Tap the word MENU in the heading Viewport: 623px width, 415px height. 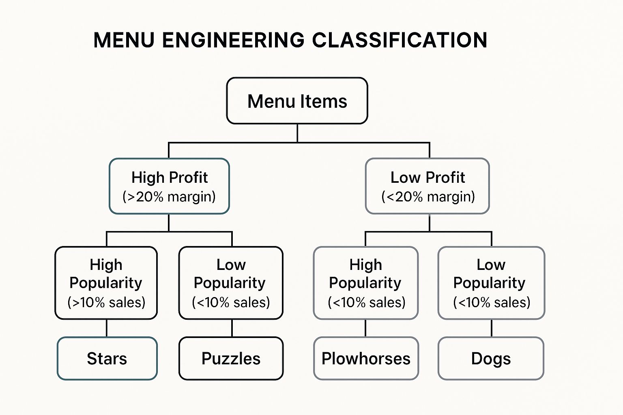pos(124,40)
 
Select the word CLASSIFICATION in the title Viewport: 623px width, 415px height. pos(400,40)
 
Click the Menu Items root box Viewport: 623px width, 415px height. pos(297,101)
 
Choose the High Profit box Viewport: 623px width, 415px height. pos(169,186)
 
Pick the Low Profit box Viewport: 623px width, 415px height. pos(428,186)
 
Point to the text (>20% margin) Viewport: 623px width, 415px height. pos(169,197)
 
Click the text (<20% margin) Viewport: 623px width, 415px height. pos(428,197)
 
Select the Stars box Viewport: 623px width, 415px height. pos(107,359)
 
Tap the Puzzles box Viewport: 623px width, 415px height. pos(231,359)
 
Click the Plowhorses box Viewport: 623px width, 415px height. pos(366,359)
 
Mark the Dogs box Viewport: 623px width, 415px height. pos(491,359)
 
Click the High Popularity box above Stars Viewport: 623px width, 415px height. pos(106,283)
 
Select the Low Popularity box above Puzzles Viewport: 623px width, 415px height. pos(231,283)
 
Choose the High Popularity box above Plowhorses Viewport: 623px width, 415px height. pos(366,283)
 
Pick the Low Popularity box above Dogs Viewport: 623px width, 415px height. pos(491,283)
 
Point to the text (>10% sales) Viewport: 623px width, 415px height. pos(106,302)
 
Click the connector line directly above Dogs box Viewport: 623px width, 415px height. pos(492,328)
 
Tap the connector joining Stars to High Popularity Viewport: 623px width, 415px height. pos(107,328)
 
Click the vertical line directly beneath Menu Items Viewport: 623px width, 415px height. pos(297,133)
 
